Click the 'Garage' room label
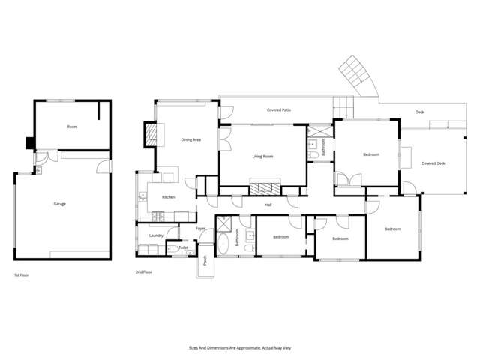pyautogui.click(x=58, y=204)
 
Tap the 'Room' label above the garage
pyautogui.click(x=72, y=127)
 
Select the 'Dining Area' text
pyautogui.click(x=190, y=140)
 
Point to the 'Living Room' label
pyautogui.click(x=262, y=156)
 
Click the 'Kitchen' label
pyautogui.click(x=169, y=197)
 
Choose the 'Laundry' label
pyautogui.click(x=156, y=235)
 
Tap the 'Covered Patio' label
pyautogui.click(x=279, y=110)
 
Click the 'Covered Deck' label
pyautogui.click(x=433, y=163)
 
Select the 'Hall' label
pyautogui.click(x=268, y=204)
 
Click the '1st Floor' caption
pyautogui.click(x=22, y=275)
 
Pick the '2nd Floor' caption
pyautogui.click(x=143, y=271)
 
